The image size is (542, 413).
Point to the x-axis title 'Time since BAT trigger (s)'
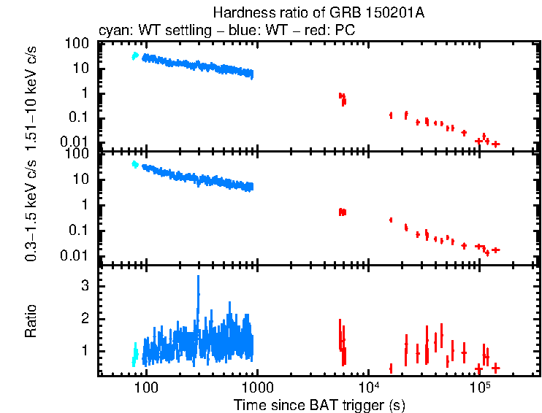[x=319, y=404]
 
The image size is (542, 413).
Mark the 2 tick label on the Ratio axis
[x=85, y=319]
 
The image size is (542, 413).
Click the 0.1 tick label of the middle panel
[x=79, y=231]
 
